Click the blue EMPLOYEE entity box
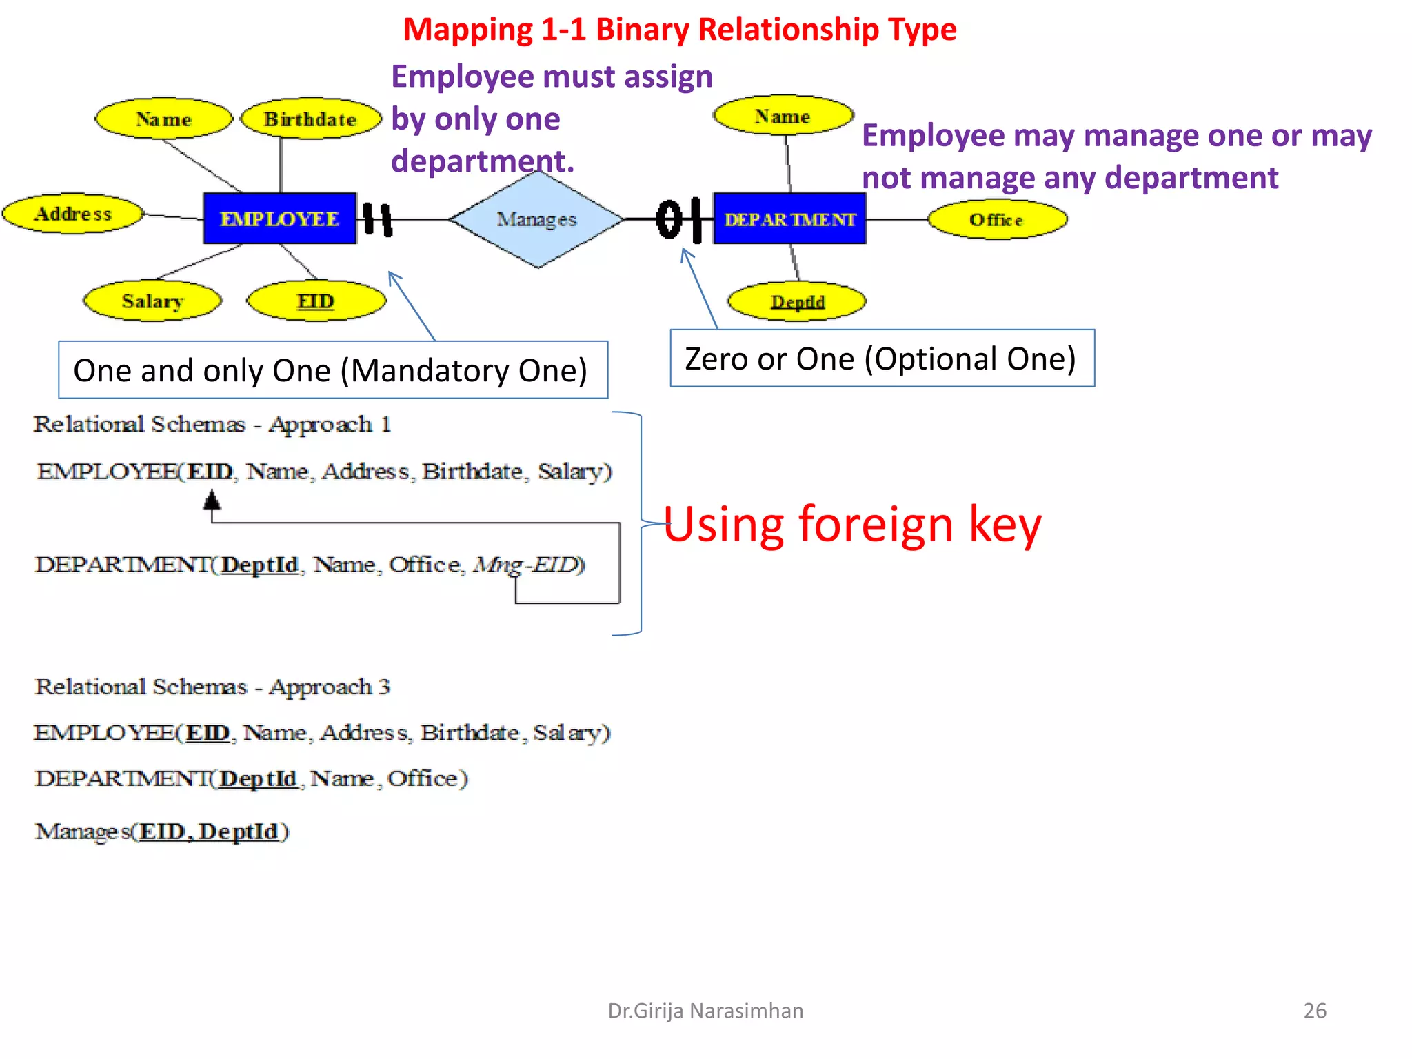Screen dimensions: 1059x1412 coord(279,219)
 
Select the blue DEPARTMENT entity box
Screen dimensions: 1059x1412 coord(789,219)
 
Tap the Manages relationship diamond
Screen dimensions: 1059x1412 coord(537,219)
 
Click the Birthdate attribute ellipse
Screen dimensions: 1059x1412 coord(310,119)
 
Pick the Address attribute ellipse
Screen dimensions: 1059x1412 coord(73,214)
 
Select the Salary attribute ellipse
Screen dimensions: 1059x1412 coord(152,301)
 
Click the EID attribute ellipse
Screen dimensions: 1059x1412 coord(316,301)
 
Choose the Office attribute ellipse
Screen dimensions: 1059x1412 coord(996,220)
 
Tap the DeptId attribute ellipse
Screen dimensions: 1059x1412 coord(797,302)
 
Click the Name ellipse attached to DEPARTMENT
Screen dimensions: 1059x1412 coord(783,116)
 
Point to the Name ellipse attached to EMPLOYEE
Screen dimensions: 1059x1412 coord(163,119)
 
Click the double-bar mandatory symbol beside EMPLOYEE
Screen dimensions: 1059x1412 coord(378,220)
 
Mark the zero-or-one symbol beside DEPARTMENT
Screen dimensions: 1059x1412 coord(679,219)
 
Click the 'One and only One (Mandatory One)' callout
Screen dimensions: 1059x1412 coord(332,370)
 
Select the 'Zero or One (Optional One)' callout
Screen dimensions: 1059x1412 coord(882,359)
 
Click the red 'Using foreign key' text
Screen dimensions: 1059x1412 coord(852,525)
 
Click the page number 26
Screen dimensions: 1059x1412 coord(1315,1010)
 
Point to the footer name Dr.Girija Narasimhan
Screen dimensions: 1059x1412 coord(705,1010)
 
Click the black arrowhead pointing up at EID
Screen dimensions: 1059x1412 coord(212,499)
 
